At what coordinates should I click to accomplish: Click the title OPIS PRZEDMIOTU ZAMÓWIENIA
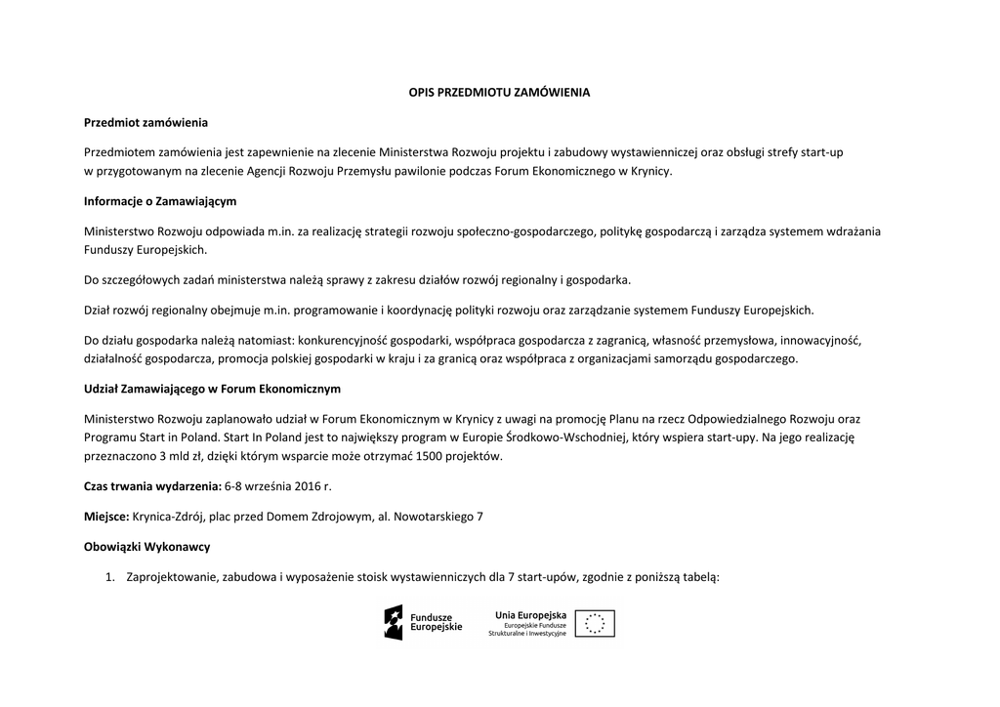coord(499,93)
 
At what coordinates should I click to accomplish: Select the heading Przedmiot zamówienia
coord(146,123)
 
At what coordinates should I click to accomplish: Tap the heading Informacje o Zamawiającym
coord(160,201)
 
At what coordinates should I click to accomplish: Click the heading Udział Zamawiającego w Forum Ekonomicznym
coord(212,389)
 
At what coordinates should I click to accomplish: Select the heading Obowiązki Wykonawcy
coord(147,546)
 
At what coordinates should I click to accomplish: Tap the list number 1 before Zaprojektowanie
coord(110,576)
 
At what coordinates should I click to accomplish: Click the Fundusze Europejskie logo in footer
coord(423,622)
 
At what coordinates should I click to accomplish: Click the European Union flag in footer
coord(595,623)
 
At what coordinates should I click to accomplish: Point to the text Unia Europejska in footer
coord(530,614)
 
